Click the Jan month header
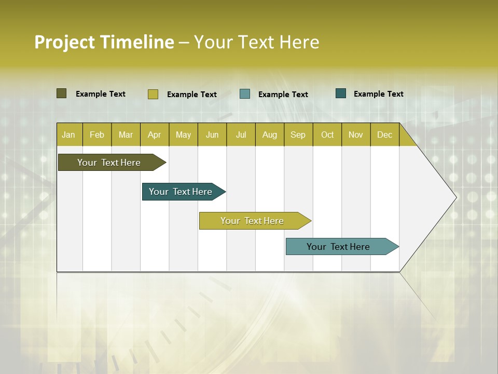69,135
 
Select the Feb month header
97,135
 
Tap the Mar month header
126,135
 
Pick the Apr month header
155,135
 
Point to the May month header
183,135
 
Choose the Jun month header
212,135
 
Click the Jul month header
241,135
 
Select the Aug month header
270,135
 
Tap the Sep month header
298,135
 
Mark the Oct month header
327,135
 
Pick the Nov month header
356,135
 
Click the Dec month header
385,135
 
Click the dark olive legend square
62,94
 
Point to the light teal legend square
245,94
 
